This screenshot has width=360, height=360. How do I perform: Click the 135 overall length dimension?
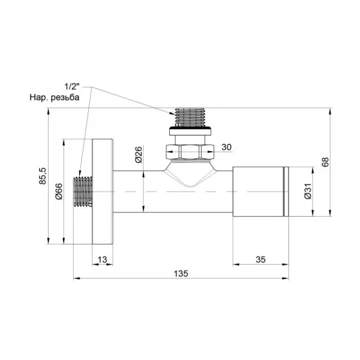click(182, 273)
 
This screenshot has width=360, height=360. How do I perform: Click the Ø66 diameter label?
click(59, 191)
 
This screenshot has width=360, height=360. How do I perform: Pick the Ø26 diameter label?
click(138, 155)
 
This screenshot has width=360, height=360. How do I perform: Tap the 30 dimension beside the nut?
click(226, 146)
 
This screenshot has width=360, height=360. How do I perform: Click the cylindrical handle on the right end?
click(258, 191)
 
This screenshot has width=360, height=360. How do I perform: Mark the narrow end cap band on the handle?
click(286, 191)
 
